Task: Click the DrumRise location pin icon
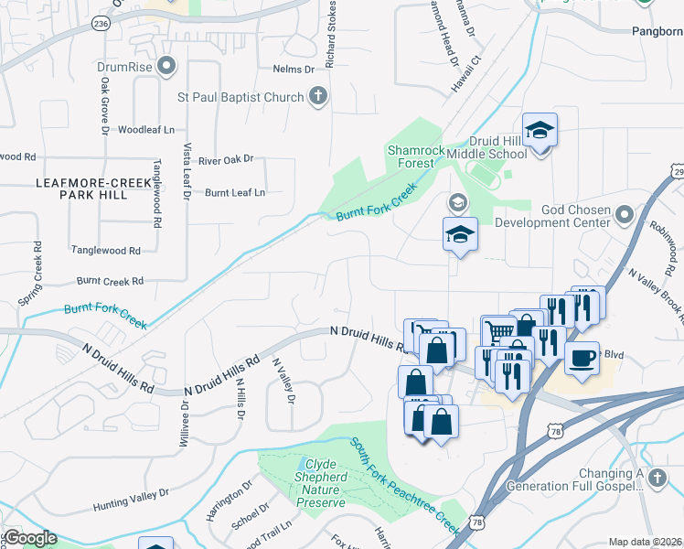point(166,66)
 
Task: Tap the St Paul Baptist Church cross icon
point(317,97)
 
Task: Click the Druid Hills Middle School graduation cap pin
point(540,130)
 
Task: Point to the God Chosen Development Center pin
point(625,215)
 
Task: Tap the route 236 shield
point(100,24)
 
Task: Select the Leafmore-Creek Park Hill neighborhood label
point(92,188)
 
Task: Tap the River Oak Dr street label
point(225,159)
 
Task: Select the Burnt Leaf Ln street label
point(235,192)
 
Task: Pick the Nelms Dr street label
point(293,69)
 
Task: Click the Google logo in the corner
point(29,538)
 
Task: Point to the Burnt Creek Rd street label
point(111,281)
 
